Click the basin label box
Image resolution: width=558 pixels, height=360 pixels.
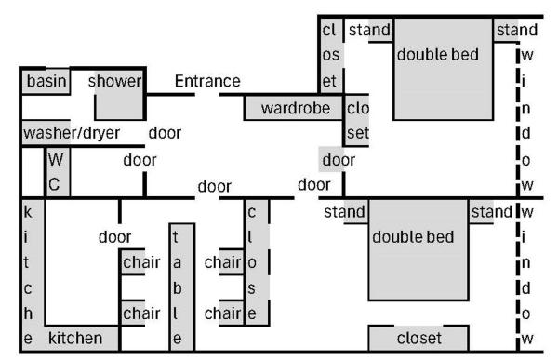pos(46,81)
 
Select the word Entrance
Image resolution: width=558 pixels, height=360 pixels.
pos(207,81)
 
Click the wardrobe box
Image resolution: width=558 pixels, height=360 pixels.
pos(295,108)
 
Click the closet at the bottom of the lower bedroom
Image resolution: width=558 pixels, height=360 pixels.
pos(419,338)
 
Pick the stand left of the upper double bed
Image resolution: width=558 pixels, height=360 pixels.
pos(368,31)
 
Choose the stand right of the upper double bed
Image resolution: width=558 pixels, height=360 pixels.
pos(517,31)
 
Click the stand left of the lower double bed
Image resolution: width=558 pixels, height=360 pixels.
pos(344,212)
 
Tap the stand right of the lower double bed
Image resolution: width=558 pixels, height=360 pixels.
pos(491,212)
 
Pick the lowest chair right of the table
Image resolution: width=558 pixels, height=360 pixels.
pos(223,313)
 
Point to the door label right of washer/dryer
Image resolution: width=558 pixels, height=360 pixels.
pos(165,133)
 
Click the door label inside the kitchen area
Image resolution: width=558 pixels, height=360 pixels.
pos(114,236)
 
